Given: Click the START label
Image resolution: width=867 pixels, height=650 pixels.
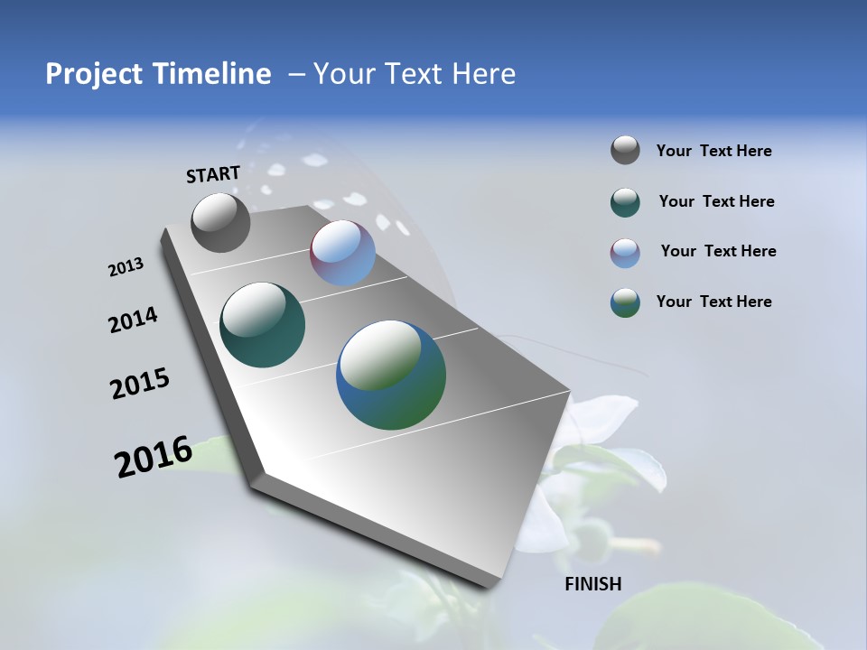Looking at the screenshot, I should tap(213, 174).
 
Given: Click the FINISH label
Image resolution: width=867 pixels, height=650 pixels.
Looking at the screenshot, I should tap(592, 584).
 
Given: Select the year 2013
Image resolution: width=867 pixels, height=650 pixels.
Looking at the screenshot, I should tap(126, 267).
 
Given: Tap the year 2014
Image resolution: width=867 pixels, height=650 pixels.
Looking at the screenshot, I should tap(134, 320).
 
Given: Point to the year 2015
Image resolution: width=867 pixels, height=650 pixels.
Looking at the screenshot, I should tap(140, 384).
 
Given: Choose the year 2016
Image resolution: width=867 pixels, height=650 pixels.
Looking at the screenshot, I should tap(154, 457).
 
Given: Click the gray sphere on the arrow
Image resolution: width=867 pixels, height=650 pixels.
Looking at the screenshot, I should tap(220, 222).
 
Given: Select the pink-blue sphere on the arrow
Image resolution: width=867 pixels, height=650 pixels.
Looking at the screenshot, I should tap(342, 253).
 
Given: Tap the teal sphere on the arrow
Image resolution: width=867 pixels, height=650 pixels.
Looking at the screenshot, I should tap(262, 325).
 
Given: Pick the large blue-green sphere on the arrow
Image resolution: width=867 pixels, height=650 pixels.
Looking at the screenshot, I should tap(391, 375).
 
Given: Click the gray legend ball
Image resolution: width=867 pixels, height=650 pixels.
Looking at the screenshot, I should tap(625, 151).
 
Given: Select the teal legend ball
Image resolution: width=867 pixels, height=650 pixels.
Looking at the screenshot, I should tap(625, 202).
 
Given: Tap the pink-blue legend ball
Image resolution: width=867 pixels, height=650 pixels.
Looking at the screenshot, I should tap(625, 252).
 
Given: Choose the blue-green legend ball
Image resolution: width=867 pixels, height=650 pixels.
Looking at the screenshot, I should tap(625, 302).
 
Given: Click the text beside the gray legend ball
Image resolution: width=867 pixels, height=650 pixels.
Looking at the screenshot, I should tap(713, 152).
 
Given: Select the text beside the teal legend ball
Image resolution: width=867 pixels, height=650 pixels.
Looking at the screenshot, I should tap(716, 202).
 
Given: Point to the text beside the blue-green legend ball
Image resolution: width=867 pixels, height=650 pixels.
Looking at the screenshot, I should tap(713, 302).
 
